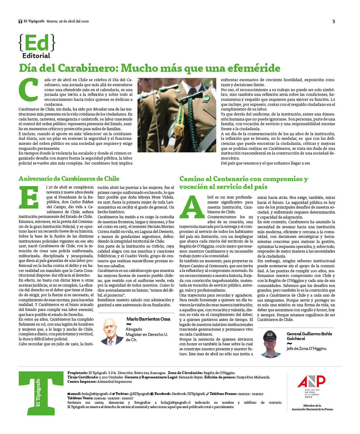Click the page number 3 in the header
point(333,21)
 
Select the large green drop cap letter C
point(28,90)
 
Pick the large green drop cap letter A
point(192,207)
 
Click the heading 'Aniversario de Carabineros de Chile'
point(69,179)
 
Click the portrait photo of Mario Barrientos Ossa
point(112,331)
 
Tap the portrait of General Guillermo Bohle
point(271,343)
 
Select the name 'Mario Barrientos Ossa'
point(148,319)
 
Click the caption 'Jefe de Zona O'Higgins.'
point(307,348)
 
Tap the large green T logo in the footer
point(41,393)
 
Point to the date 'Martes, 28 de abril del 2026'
point(68,21)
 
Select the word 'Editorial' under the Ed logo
point(36,56)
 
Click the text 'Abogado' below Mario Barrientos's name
point(134,329)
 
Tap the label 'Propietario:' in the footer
point(77,373)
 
